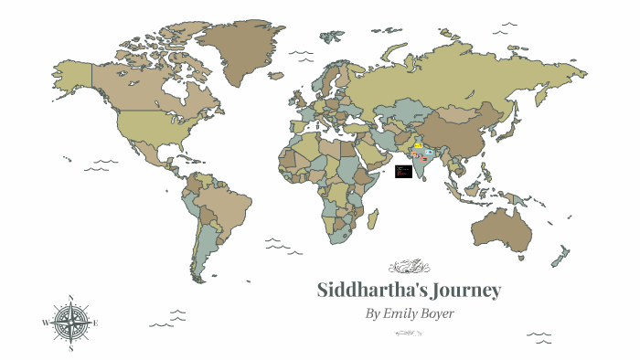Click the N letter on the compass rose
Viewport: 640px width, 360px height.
(71, 297)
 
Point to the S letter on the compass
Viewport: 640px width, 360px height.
(71, 348)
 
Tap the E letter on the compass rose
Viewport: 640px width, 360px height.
(96, 323)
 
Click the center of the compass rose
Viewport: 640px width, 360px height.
(71, 323)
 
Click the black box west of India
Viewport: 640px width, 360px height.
(403, 171)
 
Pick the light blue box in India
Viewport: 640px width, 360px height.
(429, 151)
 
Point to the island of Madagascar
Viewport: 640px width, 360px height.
(372, 218)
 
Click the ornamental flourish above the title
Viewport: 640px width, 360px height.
(409, 267)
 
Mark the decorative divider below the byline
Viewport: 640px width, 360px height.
(409, 333)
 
